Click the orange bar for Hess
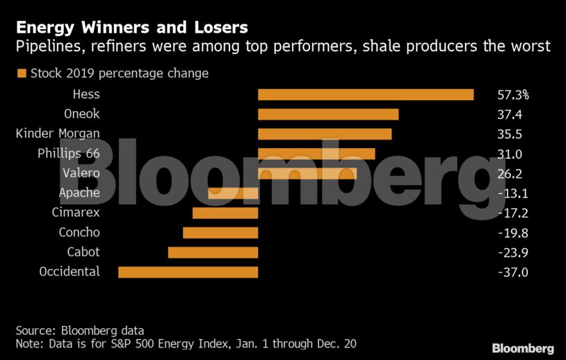point(366,95)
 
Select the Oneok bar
point(328,114)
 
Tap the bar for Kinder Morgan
point(325,133)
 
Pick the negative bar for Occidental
point(188,272)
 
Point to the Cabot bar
point(213,252)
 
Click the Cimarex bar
point(225,213)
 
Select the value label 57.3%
point(513,95)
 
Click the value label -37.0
point(513,272)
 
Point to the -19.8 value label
point(513,233)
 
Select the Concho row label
point(79,232)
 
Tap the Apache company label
point(79,193)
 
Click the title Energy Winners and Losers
point(131,28)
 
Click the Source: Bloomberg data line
point(79,330)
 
